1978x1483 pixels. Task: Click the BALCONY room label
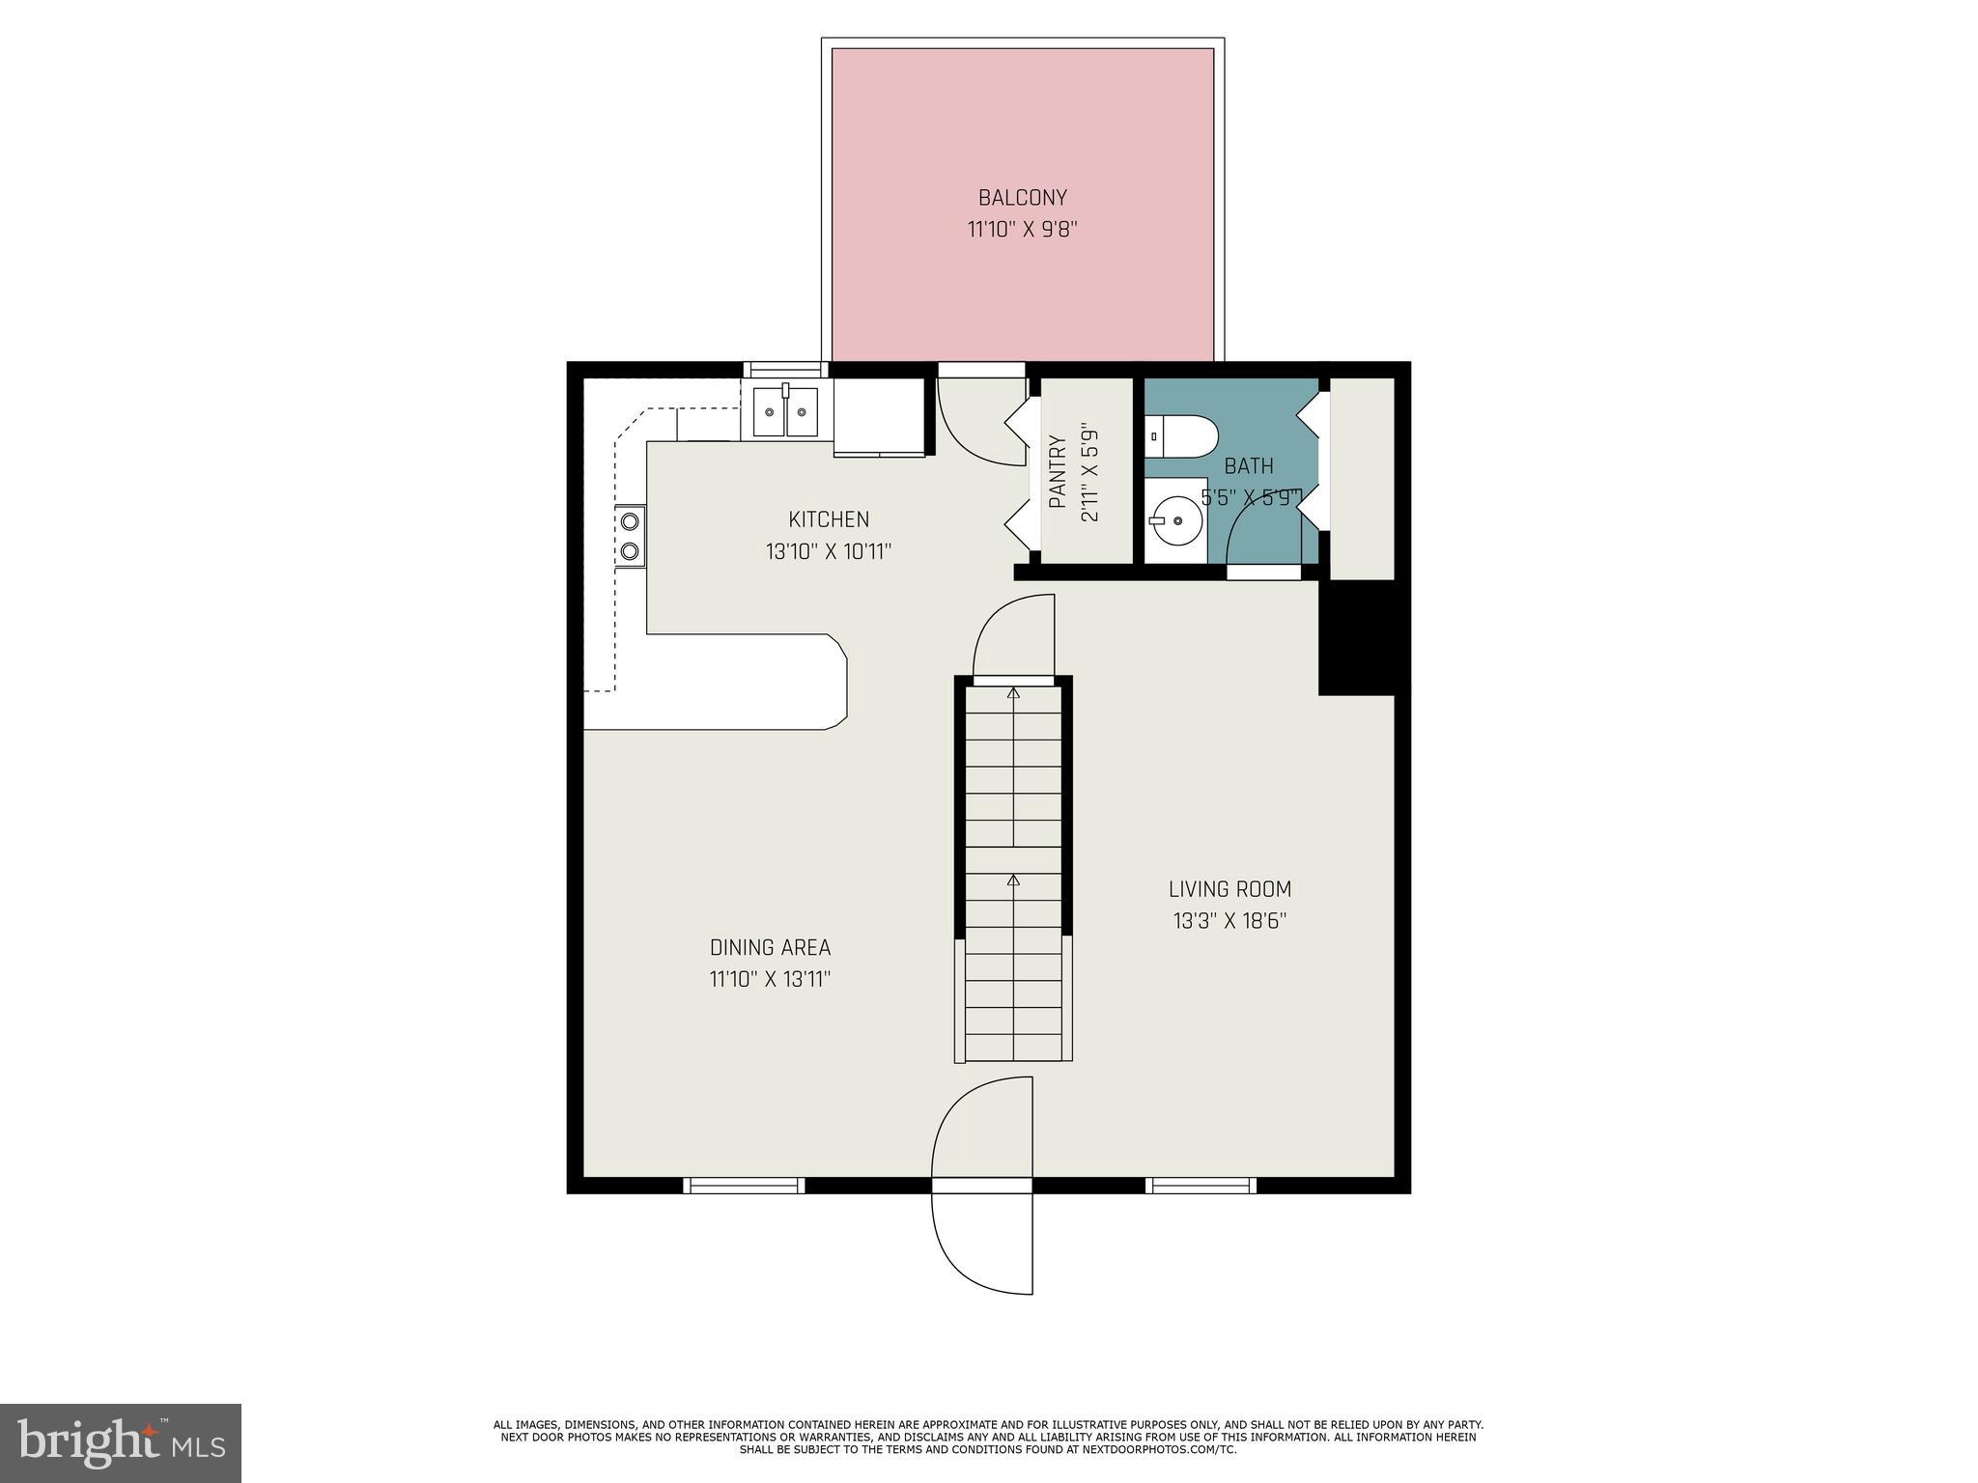tap(1022, 198)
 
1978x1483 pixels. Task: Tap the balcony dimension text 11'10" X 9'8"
tap(1022, 230)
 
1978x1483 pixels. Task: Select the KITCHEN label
tap(829, 519)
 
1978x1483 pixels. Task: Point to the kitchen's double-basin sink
tap(785, 412)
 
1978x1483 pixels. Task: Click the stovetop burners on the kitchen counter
tap(631, 536)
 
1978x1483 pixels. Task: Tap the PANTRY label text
tap(1058, 472)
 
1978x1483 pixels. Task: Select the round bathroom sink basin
tap(1176, 521)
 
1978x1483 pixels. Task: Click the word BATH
tap(1249, 466)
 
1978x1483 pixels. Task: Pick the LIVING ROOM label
tap(1229, 889)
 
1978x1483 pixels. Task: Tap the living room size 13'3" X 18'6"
tap(1229, 921)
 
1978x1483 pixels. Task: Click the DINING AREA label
tap(770, 947)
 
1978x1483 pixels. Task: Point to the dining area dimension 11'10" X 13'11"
tap(770, 979)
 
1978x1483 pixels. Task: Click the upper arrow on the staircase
tap(1013, 692)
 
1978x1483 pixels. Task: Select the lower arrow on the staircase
tap(1013, 880)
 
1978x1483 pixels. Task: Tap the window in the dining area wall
tap(744, 1185)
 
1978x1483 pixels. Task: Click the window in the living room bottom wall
tap(1201, 1185)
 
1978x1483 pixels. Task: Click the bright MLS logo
tap(121, 1443)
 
